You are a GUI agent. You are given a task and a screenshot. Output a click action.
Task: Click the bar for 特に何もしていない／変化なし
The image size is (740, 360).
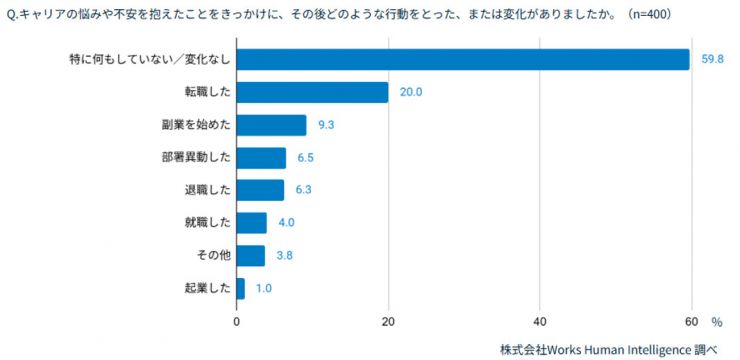[463, 60]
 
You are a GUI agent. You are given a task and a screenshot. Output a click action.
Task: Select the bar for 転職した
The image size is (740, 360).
[312, 92]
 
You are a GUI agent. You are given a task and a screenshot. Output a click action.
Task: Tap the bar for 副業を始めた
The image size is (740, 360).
[271, 125]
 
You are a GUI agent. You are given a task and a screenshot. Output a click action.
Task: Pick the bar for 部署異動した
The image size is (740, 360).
[261, 158]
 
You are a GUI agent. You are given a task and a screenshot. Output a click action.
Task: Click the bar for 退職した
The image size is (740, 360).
[260, 190]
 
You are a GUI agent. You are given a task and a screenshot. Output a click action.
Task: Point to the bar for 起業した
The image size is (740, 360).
[240, 288]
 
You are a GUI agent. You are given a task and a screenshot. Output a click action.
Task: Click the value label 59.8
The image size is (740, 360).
[712, 60]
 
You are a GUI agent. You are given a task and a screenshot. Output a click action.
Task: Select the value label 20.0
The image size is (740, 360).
[411, 92]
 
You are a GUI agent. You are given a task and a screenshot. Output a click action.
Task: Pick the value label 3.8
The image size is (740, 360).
[285, 256]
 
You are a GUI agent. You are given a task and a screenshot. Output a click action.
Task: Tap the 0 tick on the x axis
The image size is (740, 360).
[237, 322]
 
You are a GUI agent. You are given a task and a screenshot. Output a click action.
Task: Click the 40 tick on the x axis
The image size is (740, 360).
[540, 322]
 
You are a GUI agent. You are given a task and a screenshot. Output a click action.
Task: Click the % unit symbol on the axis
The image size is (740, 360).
[717, 322]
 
